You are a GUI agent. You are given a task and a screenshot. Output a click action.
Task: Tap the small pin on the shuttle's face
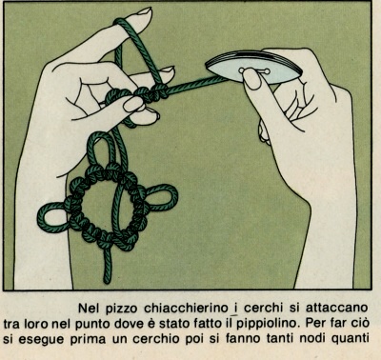[x=254, y=70]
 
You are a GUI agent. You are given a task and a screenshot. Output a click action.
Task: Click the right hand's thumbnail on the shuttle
[x=252, y=79]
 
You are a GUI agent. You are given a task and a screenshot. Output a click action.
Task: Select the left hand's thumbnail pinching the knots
[x=133, y=104]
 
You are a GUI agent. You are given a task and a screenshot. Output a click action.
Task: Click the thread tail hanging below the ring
[x=108, y=264]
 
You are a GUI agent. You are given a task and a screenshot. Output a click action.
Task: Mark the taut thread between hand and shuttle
[x=197, y=84]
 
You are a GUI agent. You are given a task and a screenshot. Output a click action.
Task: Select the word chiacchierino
[x=187, y=308]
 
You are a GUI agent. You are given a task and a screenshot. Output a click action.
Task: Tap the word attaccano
[x=337, y=308]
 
